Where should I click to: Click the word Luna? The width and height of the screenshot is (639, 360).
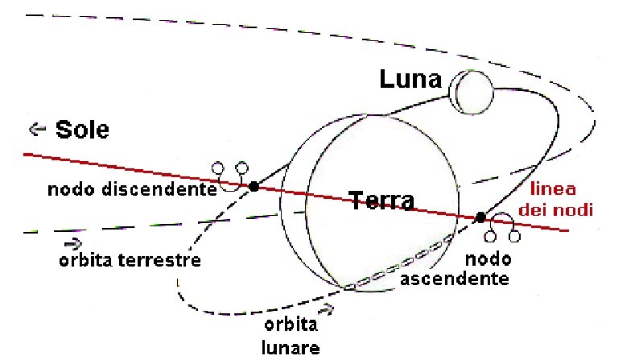pyautogui.click(x=411, y=80)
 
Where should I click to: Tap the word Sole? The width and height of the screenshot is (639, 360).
pyautogui.click(x=82, y=129)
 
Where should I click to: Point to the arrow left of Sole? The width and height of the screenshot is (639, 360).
pyautogui.click(x=35, y=128)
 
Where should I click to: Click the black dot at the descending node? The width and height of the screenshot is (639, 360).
pyautogui.click(x=254, y=186)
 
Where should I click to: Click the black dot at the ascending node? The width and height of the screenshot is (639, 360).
pyautogui.click(x=480, y=217)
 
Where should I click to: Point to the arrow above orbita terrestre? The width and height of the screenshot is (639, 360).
pyautogui.click(x=72, y=242)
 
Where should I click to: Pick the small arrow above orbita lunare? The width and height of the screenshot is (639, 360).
pyautogui.click(x=326, y=308)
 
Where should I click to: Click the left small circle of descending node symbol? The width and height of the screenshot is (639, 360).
pyautogui.click(x=217, y=168)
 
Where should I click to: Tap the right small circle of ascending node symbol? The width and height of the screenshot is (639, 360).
pyautogui.click(x=514, y=237)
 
